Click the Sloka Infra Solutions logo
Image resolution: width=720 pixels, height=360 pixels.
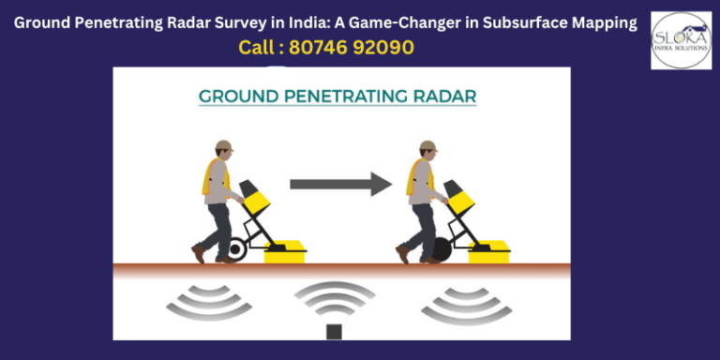[x=681, y=39]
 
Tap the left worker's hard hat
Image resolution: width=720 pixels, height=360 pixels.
[x=223, y=145]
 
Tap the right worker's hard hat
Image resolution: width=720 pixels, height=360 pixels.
[x=428, y=145]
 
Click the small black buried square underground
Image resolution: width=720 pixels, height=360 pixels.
[x=333, y=329]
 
